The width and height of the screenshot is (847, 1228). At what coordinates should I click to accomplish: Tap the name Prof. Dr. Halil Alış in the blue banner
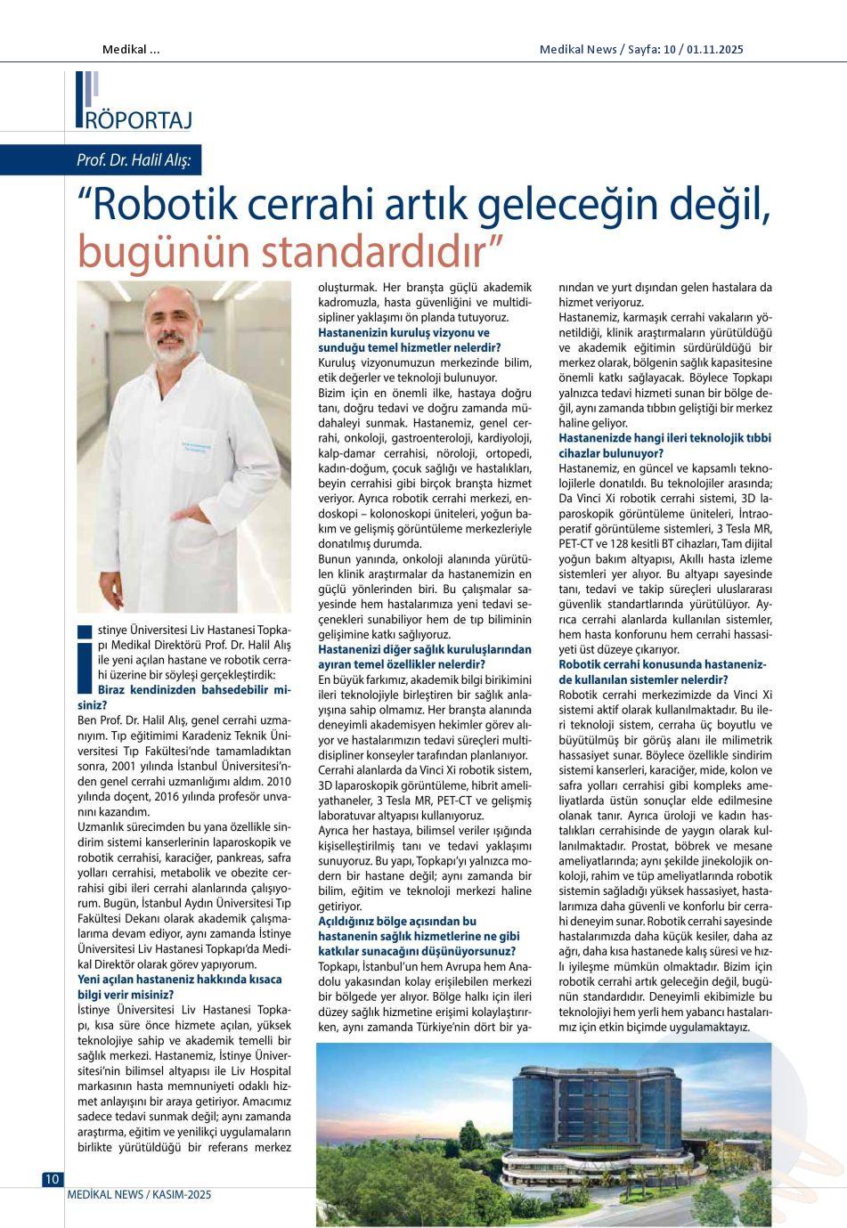coord(137,161)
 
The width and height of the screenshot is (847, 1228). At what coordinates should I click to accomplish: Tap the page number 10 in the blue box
coord(52,1179)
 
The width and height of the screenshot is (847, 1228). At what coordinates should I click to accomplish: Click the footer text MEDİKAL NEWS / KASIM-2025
coord(139,1195)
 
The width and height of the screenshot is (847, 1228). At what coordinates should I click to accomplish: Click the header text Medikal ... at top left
coord(131,49)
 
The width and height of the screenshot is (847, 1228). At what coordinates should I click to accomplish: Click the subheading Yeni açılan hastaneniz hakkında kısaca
coord(180,980)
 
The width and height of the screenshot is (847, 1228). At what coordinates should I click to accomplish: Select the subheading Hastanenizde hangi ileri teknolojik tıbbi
coord(664,438)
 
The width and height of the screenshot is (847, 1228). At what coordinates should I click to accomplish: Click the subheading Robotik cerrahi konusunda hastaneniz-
coord(662,664)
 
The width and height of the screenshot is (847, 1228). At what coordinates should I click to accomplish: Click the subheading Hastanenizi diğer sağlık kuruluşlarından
coord(425,649)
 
